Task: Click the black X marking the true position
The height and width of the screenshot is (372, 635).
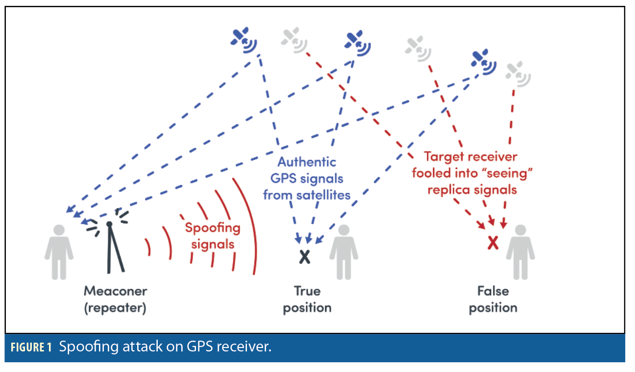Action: [305, 256]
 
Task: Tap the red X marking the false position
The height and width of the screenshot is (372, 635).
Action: [493, 242]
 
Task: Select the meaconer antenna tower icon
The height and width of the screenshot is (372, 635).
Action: [111, 245]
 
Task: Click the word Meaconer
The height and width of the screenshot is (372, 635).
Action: [116, 291]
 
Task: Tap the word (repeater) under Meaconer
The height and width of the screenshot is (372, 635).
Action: [116, 308]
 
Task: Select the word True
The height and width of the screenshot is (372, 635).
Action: [307, 291]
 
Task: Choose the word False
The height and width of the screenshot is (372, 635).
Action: [493, 291]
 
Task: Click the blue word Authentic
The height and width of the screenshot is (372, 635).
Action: [307, 162]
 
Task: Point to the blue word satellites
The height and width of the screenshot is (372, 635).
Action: [327, 195]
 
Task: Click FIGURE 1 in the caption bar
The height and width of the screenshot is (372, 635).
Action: [30, 348]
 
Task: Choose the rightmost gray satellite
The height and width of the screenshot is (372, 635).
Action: [517, 73]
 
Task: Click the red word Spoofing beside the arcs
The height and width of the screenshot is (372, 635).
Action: [213, 228]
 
